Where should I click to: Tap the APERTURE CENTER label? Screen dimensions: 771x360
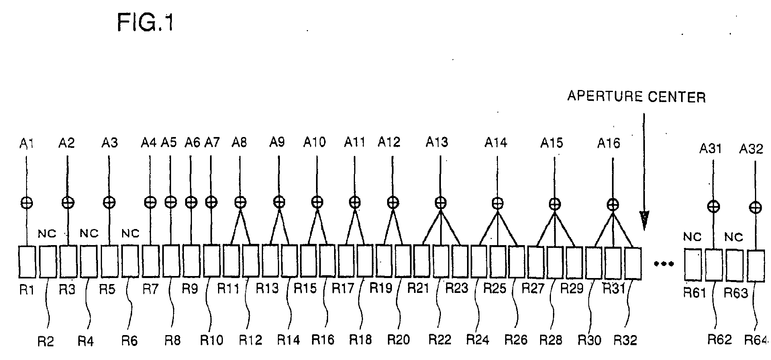coord(636,97)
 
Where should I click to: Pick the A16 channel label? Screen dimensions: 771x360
coord(609,143)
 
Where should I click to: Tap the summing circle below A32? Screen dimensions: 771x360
coord(755,207)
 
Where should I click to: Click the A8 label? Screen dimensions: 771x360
coord(239,142)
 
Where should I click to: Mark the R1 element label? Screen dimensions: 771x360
coord(27,290)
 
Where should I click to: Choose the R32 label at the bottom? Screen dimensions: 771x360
coord(626,340)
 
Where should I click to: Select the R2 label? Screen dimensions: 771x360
coord(46,341)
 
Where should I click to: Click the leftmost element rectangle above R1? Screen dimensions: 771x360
coord(27,262)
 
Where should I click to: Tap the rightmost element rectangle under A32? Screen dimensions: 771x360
coord(755,266)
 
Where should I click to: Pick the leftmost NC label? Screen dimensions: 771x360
coord(47,233)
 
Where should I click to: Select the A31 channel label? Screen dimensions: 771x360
coord(711,149)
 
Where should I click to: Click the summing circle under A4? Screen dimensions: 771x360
coord(150,202)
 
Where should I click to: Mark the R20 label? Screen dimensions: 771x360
coord(398,340)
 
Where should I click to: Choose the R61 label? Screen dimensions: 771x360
coord(695,293)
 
